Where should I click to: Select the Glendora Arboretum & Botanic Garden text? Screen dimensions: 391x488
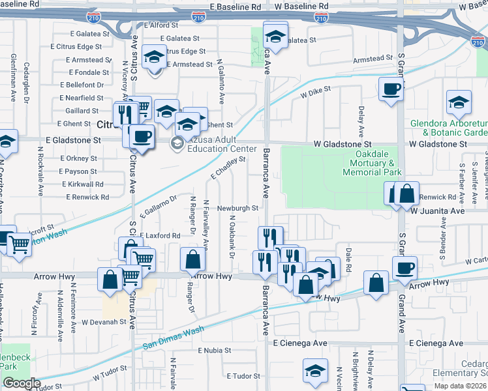tap(449, 128)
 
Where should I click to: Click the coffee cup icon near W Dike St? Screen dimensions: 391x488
tap(391, 90)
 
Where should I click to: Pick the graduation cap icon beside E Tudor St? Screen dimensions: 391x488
tap(316, 371)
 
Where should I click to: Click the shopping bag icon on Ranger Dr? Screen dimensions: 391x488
tap(193, 259)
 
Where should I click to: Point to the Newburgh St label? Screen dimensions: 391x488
tap(238, 209)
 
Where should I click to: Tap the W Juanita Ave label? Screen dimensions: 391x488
tap(436, 211)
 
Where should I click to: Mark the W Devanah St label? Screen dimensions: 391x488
tap(103, 321)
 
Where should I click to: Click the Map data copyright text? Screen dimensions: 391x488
tap(461, 386)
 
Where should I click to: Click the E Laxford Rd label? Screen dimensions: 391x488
tap(159, 235)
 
